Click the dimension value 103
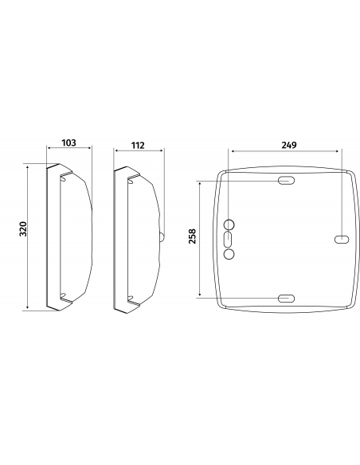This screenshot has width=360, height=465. pos(68,143)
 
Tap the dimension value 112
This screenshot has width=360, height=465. pos(138,145)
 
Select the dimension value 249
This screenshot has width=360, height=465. pos(289,145)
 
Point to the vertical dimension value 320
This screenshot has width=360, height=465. pos(23,229)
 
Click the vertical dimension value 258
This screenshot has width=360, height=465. pos(193,236)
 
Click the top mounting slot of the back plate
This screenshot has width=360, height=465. pos(286,180)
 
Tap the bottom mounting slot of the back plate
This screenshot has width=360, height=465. pos(286,299)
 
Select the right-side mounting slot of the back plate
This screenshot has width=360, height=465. pos(342,240)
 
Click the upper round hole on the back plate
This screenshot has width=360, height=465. pos(229,225)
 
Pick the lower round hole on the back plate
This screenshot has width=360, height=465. pos(229,254)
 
